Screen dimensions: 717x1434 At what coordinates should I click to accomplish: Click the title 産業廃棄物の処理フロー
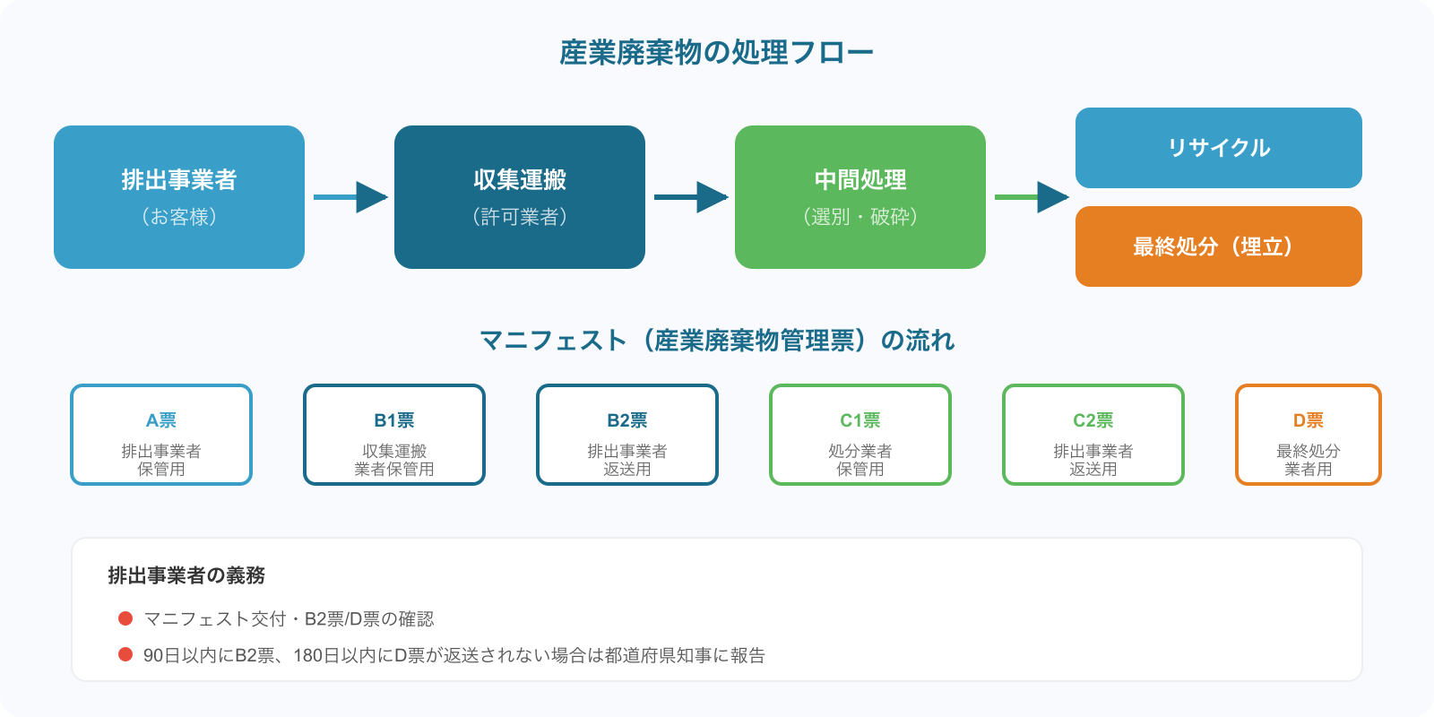(716, 52)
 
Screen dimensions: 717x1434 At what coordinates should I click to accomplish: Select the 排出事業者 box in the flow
(179, 197)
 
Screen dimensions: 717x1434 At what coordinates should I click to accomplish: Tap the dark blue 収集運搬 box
(520, 197)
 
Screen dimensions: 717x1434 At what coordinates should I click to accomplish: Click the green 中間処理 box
(860, 197)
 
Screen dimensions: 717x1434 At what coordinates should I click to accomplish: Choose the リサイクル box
(1219, 148)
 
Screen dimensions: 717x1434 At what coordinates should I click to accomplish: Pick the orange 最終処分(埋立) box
(1219, 246)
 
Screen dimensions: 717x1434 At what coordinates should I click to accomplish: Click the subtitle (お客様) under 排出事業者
(179, 217)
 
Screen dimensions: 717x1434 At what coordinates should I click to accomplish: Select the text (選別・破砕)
(860, 217)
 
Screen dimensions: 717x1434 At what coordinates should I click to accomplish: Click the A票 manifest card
(161, 435)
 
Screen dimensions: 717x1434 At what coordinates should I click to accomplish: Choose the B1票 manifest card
(394, 435)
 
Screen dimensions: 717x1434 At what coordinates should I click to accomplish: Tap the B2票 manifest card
(627, 435)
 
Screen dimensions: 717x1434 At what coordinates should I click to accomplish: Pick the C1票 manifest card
(860, 435)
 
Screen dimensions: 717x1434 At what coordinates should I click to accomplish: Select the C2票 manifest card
(1093, 435)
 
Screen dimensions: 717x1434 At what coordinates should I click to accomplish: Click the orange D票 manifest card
(1309, 435)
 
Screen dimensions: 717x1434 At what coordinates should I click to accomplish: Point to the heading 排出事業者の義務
(186, 575)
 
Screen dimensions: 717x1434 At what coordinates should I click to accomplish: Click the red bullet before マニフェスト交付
(125, 618)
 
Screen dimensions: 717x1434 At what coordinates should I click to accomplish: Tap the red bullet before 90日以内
(125, 655)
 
